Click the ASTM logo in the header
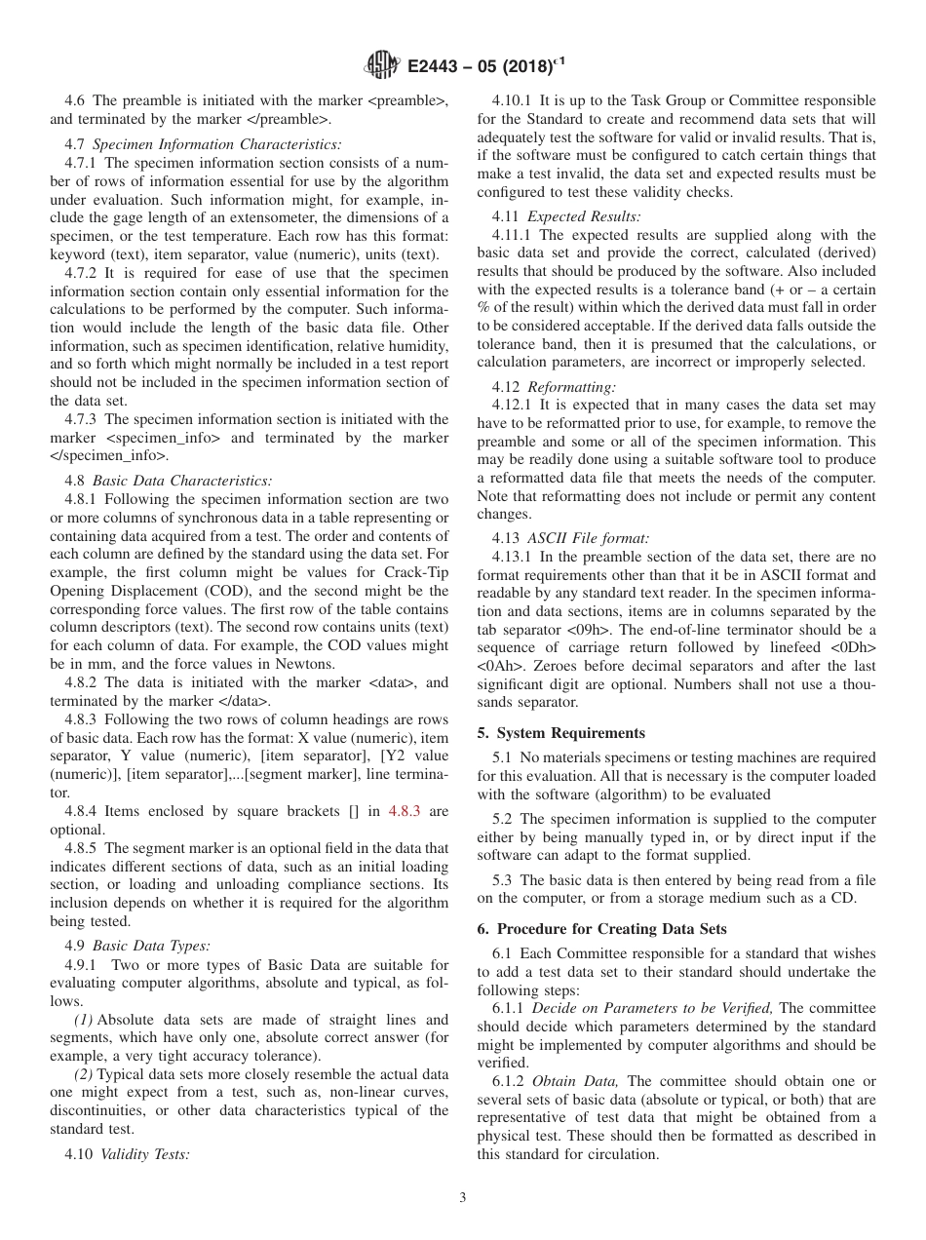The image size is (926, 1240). point(382,65)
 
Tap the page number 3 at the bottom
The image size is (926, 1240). point(463,1198)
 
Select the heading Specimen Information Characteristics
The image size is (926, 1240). point(216,144)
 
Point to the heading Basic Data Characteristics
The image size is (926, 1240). point(181,481)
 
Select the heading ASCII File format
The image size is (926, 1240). point(588,538)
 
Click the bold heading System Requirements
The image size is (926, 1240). point(570,733)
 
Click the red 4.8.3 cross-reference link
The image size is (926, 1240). point(405,811)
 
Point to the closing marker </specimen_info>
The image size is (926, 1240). point(108,455)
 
